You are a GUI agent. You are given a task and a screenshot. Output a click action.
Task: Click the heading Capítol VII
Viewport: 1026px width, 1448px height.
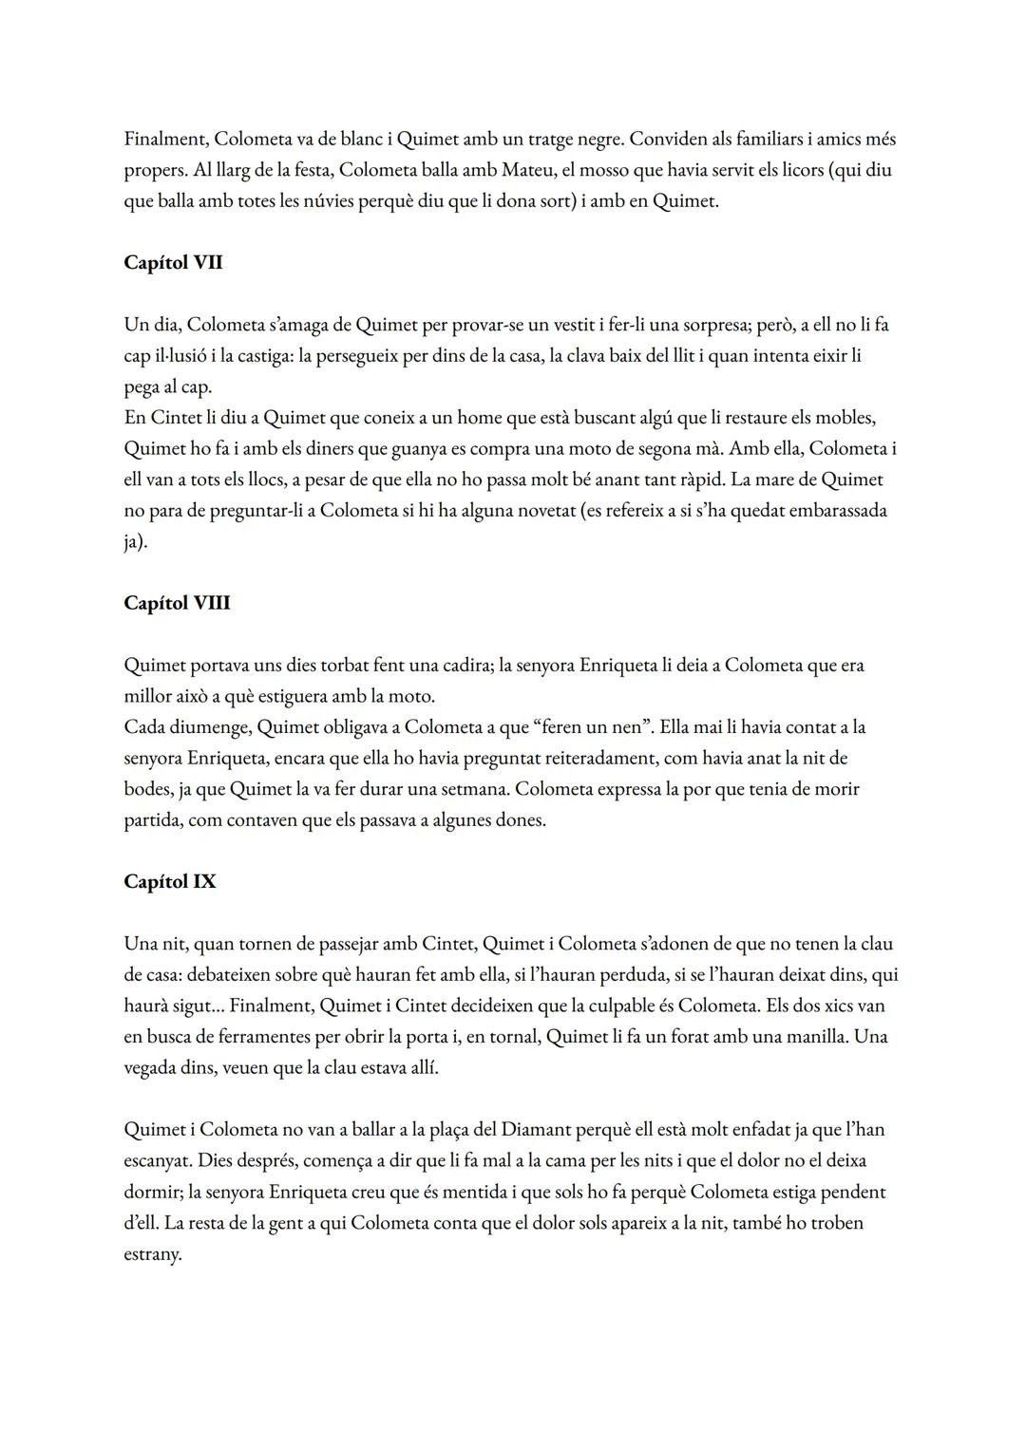pos(173,263)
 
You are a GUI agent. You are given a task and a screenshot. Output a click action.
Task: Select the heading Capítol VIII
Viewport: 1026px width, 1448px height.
pos(177,604)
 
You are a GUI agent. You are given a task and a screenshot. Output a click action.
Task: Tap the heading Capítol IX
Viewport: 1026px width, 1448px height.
pos(170,882)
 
